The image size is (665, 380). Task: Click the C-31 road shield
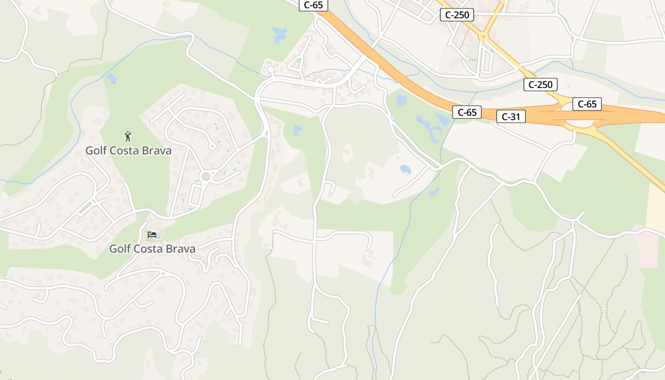click(x=511, y=116)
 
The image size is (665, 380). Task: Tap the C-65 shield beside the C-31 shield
click(x=466, y=112)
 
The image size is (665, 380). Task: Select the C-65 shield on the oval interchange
click(x=587, y=104)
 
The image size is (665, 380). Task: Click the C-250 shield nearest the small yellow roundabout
click(x=457, y=15)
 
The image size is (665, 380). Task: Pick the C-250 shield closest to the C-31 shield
click(x=540, y=85)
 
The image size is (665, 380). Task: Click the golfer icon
click(x=127, y=137)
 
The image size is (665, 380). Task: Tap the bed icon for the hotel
click(x=152, y=235)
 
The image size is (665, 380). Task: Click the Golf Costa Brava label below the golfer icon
click(x=128, y=151)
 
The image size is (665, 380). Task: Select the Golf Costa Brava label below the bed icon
click(x=152, y=248)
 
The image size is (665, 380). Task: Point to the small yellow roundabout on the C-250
click(x=483, y=36)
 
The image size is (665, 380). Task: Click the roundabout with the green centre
click(x=206, y=177)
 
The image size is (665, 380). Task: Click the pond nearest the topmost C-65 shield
click(x=279, y=34)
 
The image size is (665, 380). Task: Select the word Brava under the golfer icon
click(x=157, y=151)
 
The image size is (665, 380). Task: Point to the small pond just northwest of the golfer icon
click(x=112, y=78)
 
